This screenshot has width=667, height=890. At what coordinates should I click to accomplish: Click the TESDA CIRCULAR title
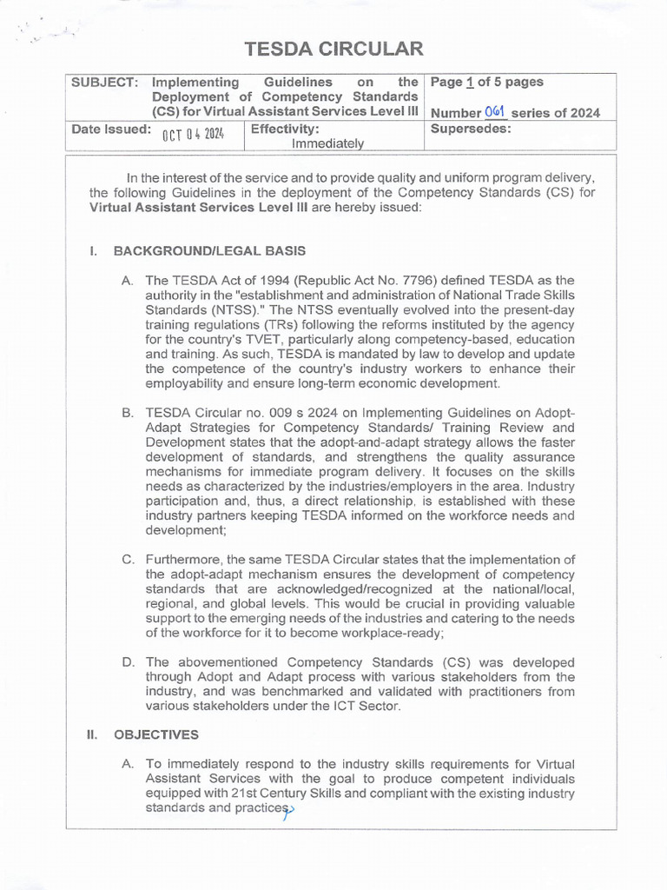pos(333,49)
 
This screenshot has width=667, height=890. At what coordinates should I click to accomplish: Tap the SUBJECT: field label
pos(105,82)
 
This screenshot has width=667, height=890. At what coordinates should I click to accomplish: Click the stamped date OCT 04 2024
pos(193,133)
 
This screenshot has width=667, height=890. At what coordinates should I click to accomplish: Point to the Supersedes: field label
pos(471,128)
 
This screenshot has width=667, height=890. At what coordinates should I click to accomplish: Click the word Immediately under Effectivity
pos(327,143)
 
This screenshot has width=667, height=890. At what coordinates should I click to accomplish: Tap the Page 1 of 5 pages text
pos(486,82)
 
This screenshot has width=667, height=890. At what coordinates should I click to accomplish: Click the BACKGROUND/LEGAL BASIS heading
pos(209,251)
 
